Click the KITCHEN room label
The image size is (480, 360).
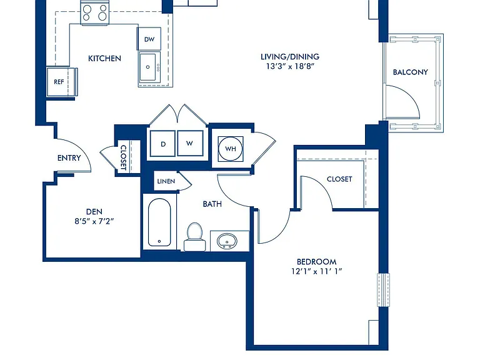(104, 59)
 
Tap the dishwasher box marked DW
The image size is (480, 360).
(149, 39)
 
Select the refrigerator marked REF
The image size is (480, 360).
(59, 82)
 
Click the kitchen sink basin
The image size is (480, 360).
(148, 67)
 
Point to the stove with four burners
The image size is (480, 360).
(94, 12)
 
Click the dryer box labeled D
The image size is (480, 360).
(163, 144)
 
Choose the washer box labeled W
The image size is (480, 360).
(190, 143)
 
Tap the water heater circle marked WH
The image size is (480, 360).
(231, 149)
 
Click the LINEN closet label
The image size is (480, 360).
(166, 181)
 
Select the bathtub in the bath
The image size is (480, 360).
(159, 222)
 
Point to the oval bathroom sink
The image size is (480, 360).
(227, 241)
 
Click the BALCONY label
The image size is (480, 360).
(410, 72)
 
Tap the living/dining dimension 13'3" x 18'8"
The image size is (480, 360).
(290, 66)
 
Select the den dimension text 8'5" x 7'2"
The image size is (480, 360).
(94, 221)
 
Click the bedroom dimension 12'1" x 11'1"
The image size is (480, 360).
(316, 271)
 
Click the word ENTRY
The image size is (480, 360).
(69, 158)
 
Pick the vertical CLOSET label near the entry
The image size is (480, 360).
(123, 157)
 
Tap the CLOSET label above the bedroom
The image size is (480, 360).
(339, 179)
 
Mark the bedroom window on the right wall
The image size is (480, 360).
(383, 289)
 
